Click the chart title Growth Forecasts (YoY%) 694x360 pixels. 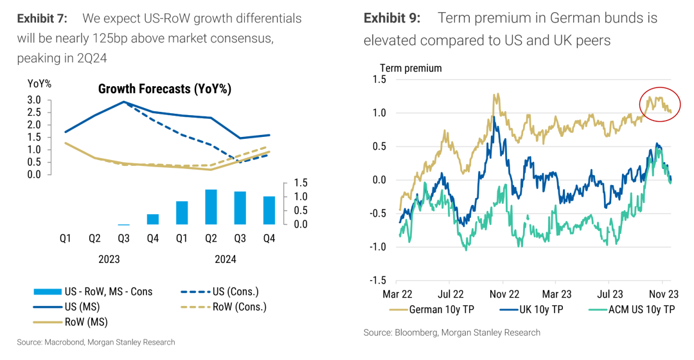[165, 89]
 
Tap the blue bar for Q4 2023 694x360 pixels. [153, 219]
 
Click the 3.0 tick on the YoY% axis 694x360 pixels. [34, 100]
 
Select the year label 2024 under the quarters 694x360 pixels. [226, 260]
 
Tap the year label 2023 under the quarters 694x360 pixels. [109, 260]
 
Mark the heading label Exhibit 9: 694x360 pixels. [392, 18]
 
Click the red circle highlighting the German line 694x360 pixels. [660, 104]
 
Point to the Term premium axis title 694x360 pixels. [411, 68]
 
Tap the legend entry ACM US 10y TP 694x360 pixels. [637, 309]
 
